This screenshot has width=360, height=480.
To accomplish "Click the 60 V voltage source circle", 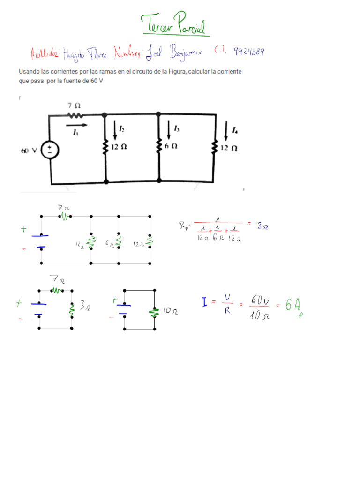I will [49, 150].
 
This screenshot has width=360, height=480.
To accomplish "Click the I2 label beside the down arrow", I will [121, 129].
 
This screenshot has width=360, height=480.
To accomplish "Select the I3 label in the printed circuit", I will [176, 128].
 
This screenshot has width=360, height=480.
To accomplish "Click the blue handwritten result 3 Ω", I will [262, 226].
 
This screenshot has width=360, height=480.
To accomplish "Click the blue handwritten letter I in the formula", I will [205, 302].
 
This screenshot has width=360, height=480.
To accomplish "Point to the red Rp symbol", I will [183, 226].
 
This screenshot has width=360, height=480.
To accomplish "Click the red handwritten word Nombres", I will [130, 54].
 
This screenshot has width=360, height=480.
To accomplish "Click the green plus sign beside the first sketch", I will [23, 229].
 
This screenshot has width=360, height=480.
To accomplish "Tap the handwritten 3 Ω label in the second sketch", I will [85, 307].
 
